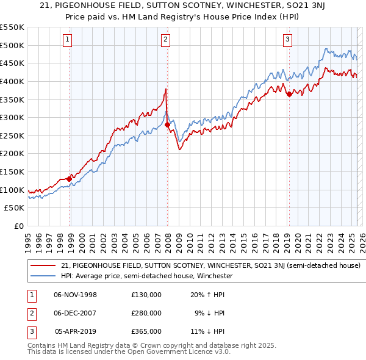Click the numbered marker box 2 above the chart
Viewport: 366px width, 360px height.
165,40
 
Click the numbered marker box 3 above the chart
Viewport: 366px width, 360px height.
287,40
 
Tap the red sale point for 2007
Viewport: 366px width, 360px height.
167,124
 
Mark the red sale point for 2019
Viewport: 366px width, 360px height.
289,93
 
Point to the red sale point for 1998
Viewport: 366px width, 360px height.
69,179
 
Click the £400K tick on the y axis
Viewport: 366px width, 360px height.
12,81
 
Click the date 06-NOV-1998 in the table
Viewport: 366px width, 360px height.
75,295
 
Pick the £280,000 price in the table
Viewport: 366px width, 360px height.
146,313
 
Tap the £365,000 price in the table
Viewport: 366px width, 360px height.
146,331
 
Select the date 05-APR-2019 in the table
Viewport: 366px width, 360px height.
76,331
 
